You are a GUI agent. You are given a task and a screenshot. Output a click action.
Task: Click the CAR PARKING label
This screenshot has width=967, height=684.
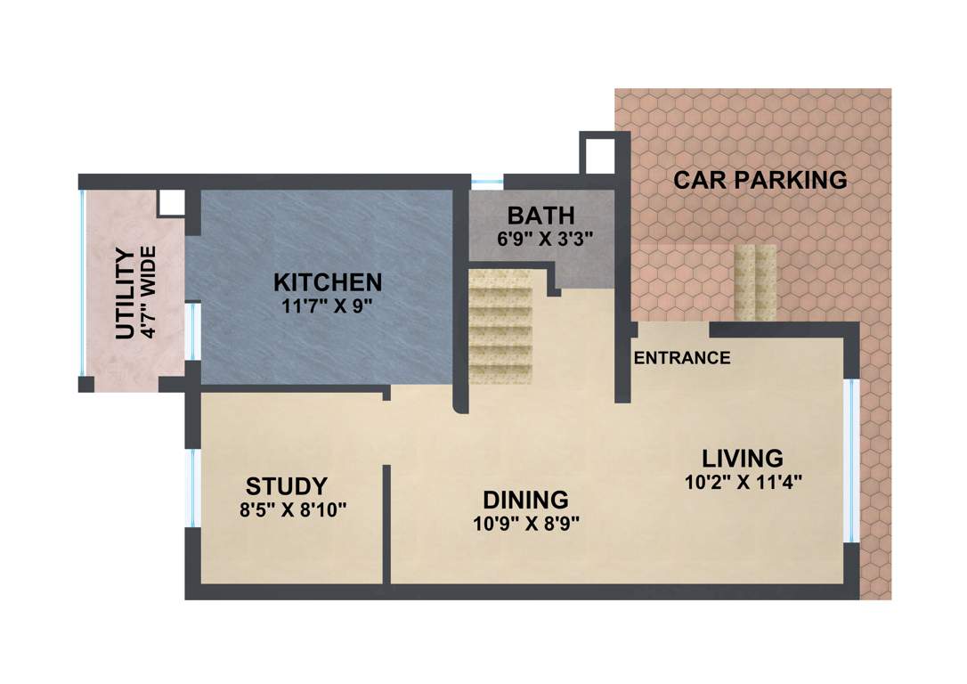[760, 180]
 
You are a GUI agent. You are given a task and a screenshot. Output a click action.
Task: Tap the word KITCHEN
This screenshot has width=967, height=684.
[328, 282]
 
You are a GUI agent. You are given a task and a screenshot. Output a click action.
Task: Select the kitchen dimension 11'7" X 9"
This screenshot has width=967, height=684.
[328, 305]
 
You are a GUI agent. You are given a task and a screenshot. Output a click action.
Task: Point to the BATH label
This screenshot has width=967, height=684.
[540, 215]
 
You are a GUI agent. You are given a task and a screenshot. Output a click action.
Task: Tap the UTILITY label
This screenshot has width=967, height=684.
[126, 294]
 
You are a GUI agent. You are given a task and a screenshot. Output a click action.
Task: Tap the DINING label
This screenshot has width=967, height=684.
[525, 499]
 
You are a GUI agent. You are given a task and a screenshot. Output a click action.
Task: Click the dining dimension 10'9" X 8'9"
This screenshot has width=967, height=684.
[526, 523]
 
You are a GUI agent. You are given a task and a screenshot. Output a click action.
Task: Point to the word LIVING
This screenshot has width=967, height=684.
[743, 459]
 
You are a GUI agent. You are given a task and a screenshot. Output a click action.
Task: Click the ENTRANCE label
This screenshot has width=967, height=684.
[682, 358]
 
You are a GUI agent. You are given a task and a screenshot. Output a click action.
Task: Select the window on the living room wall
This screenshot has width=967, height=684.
[850, 460]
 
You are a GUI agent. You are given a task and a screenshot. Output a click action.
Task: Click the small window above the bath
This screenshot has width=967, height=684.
[487, 183]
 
